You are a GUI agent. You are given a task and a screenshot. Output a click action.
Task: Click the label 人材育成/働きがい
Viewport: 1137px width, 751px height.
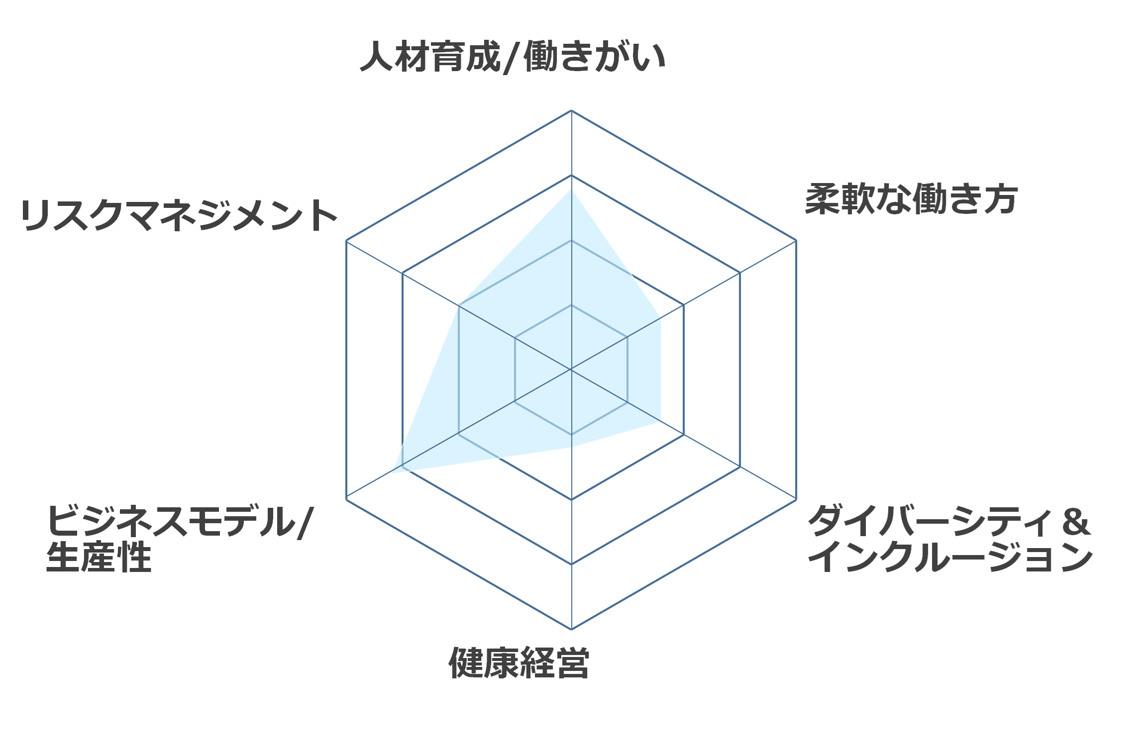tap(513, 57)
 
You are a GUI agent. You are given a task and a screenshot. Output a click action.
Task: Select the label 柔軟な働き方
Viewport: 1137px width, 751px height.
tap(911, 199)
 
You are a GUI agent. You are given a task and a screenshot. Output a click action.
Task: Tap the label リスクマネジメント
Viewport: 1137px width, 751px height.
tap(179, 215)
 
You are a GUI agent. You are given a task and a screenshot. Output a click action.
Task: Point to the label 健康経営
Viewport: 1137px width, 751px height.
tap(519, 663)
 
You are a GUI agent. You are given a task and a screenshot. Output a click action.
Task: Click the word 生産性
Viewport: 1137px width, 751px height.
tap(99, 557)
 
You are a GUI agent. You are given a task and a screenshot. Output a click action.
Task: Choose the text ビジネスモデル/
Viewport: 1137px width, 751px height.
tap(180, 521)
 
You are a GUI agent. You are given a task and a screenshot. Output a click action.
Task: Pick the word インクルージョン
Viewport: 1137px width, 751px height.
tap(950, 557)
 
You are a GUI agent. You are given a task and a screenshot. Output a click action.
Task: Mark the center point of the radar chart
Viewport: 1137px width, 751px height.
tap(571, 370)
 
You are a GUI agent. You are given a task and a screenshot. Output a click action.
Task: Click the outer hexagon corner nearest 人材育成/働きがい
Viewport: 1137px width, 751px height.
tap(571, 110)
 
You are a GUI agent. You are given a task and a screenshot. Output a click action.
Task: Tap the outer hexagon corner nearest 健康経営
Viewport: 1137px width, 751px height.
tap(571, 629)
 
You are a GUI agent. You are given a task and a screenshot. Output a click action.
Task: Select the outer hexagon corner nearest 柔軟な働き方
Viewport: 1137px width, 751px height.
tap(796, 240)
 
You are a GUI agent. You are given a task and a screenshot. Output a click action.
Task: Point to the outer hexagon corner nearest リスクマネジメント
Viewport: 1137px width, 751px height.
tap(346, 240)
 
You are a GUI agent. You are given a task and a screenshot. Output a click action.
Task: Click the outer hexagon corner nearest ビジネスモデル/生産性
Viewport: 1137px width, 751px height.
tap(346, 499)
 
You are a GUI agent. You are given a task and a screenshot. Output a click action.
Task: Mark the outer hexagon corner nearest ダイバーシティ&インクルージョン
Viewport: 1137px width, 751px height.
tap(796, 499)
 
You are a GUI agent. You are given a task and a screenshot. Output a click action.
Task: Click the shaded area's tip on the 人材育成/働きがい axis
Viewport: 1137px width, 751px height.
tap(571, 189)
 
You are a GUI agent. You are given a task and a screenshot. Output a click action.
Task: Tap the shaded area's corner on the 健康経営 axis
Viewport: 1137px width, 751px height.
tap(571, 447)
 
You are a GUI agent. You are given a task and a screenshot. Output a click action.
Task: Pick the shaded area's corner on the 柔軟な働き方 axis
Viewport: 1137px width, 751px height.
tap(661, 318)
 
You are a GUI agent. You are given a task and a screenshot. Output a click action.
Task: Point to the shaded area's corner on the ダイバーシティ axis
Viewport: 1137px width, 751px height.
tap(661, 421)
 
